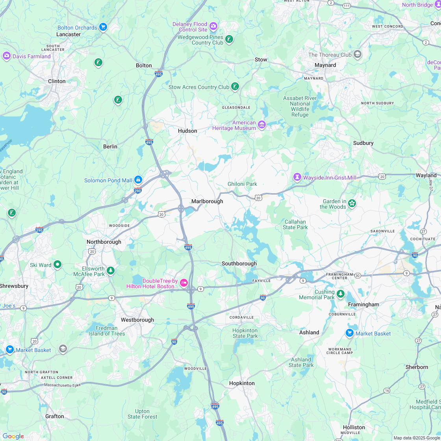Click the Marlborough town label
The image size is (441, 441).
click(207, 201)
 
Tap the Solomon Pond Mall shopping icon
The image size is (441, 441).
click(138, 180)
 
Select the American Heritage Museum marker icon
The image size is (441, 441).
click(262, 125)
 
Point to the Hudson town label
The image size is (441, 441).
click(187, 131)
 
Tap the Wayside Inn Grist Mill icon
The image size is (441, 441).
click(297, 177)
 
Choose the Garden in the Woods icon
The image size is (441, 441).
click(352, 203)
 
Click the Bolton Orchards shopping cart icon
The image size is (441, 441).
click(103, 27)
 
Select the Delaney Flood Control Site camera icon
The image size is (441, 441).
click(213, 26)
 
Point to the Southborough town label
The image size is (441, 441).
click(239, 263)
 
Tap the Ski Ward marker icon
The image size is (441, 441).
click(57, 264)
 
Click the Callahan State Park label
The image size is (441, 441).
click(295, 224)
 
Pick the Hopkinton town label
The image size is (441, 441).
click(242, 383)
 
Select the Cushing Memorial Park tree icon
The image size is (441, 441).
click(341, 293)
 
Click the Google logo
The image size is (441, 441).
click(13, 436)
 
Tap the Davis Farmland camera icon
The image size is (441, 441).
click(6, 56)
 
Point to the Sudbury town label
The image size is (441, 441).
click(363, 143)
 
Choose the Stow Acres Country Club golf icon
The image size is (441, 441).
click(235, 87)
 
